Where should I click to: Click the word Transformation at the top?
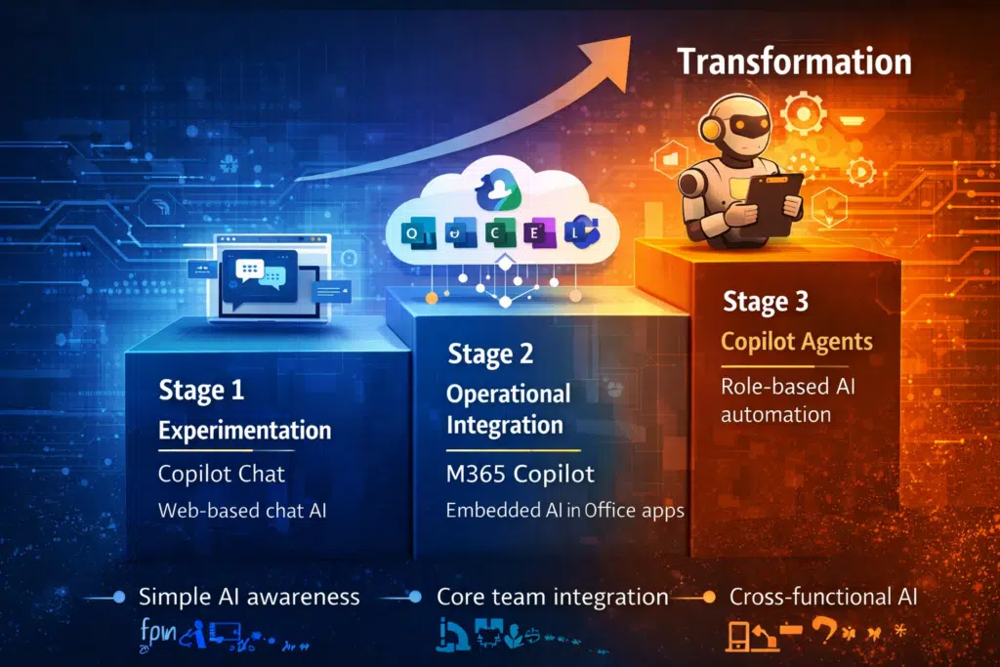click(794, 62)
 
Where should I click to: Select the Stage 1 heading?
click(201, 391)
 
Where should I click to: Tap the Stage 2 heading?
click(491, 354)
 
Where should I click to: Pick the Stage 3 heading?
click(765, 302)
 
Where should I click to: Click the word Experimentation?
click(244, 430)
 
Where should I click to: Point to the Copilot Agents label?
click(797, 343)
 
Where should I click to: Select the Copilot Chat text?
click(222, 474)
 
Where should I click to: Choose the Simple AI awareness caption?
click(249, 597)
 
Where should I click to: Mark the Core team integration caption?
click(552, 597)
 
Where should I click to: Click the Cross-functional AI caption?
click(823, 597)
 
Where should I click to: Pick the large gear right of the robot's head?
click(804, 115)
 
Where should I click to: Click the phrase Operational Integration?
click(508, 408)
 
